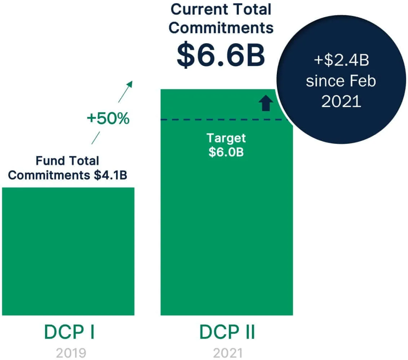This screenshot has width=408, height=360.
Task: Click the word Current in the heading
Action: point(195,10)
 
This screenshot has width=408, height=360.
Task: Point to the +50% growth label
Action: point(108,118)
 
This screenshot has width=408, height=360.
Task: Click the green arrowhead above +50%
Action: point(130,84)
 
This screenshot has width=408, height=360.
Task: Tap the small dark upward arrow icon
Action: point(266,103)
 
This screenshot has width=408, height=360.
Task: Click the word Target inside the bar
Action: point(226,138)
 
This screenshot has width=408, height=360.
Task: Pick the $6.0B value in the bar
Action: point(226,152)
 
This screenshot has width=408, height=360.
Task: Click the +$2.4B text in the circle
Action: point(341,61)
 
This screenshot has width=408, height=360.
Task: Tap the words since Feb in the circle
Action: point(341,81)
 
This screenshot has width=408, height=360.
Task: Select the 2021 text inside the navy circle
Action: point(341,102)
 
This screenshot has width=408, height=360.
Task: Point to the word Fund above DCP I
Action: point(49,160)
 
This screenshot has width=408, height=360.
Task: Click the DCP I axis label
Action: point(69,333)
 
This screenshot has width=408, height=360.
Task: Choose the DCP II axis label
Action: point(227,333)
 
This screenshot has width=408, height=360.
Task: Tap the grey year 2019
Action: point(71,353)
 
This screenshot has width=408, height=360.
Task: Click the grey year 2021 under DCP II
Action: point(227,353)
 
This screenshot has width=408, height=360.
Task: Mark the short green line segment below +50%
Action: point(96,137)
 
